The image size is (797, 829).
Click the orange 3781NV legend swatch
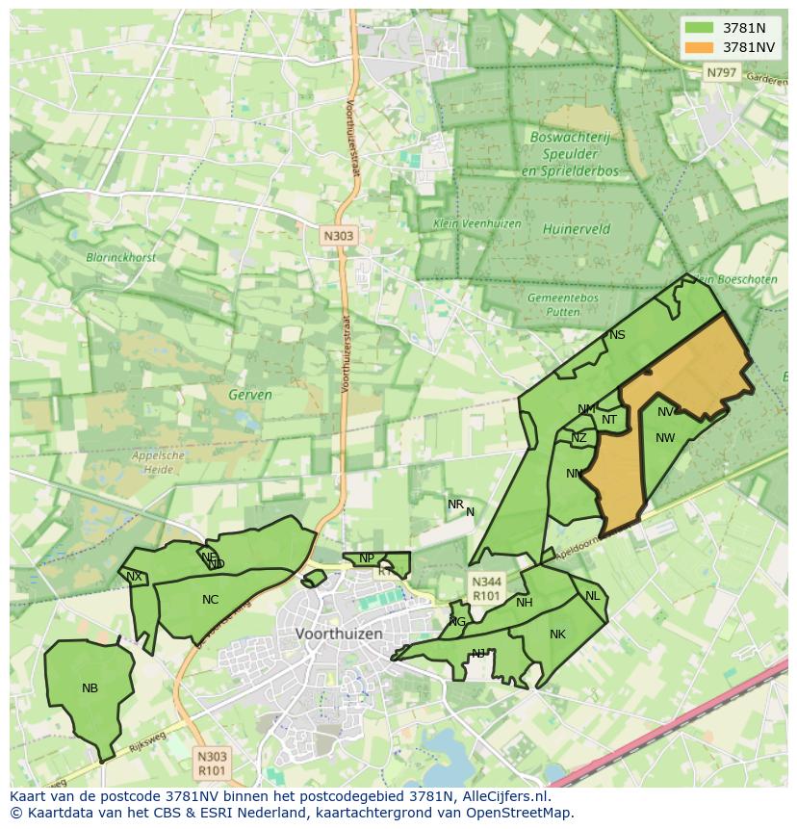(x=700, y=47)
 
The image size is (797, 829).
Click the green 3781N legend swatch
(x=700, y=28)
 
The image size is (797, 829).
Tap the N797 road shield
(x=720, y=72)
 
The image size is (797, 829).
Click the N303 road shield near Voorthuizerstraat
(x=338, y=235)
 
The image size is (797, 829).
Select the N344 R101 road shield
(x=486, y=588)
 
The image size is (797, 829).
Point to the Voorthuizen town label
(x=339, y=634)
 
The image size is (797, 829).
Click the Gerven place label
(x=250, y=395)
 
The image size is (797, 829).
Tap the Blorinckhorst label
(x=121, y=257)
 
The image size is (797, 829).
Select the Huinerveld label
(x=577, y=230)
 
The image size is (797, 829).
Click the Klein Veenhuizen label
(x=477, y=223)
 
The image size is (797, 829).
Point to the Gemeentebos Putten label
(x=563, y=305)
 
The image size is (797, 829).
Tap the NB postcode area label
(x=90, y=688)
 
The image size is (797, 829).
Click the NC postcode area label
(x=210, y=600)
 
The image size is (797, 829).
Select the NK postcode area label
(x=557, y=635)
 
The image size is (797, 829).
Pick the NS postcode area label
(x=617, y=335)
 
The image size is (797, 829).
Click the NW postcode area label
(x=665, y=438)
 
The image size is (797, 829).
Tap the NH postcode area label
(x=524, y=603)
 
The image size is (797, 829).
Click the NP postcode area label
(x=366, y=558)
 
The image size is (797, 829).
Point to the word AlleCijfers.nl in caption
(x=504, y=796)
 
